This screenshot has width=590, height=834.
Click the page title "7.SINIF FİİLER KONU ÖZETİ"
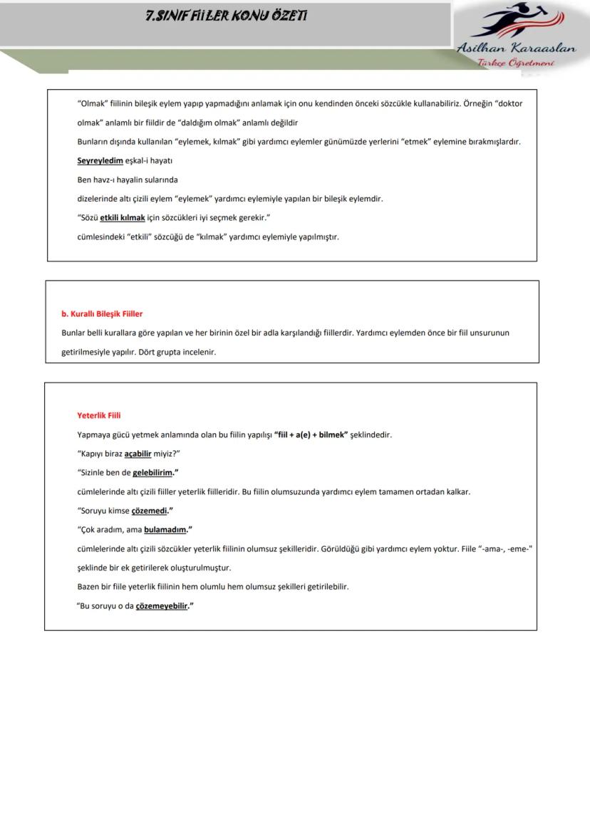click(x=226, y=16)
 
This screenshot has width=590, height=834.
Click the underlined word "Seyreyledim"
click(x=100, y=160)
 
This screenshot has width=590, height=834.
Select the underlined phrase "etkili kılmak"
click(x=123, y=218)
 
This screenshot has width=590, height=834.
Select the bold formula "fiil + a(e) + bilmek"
click(x=311, y=434)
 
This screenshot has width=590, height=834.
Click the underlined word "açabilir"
click(x=138, y=454)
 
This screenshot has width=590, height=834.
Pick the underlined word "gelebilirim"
click(x=153, y=472)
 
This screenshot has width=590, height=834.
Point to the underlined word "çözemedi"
click(x=150, y=511)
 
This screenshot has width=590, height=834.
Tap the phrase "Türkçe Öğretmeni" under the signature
click(x=516, y=63)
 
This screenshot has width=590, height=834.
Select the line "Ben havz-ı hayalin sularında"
click(x=128, y=179)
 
